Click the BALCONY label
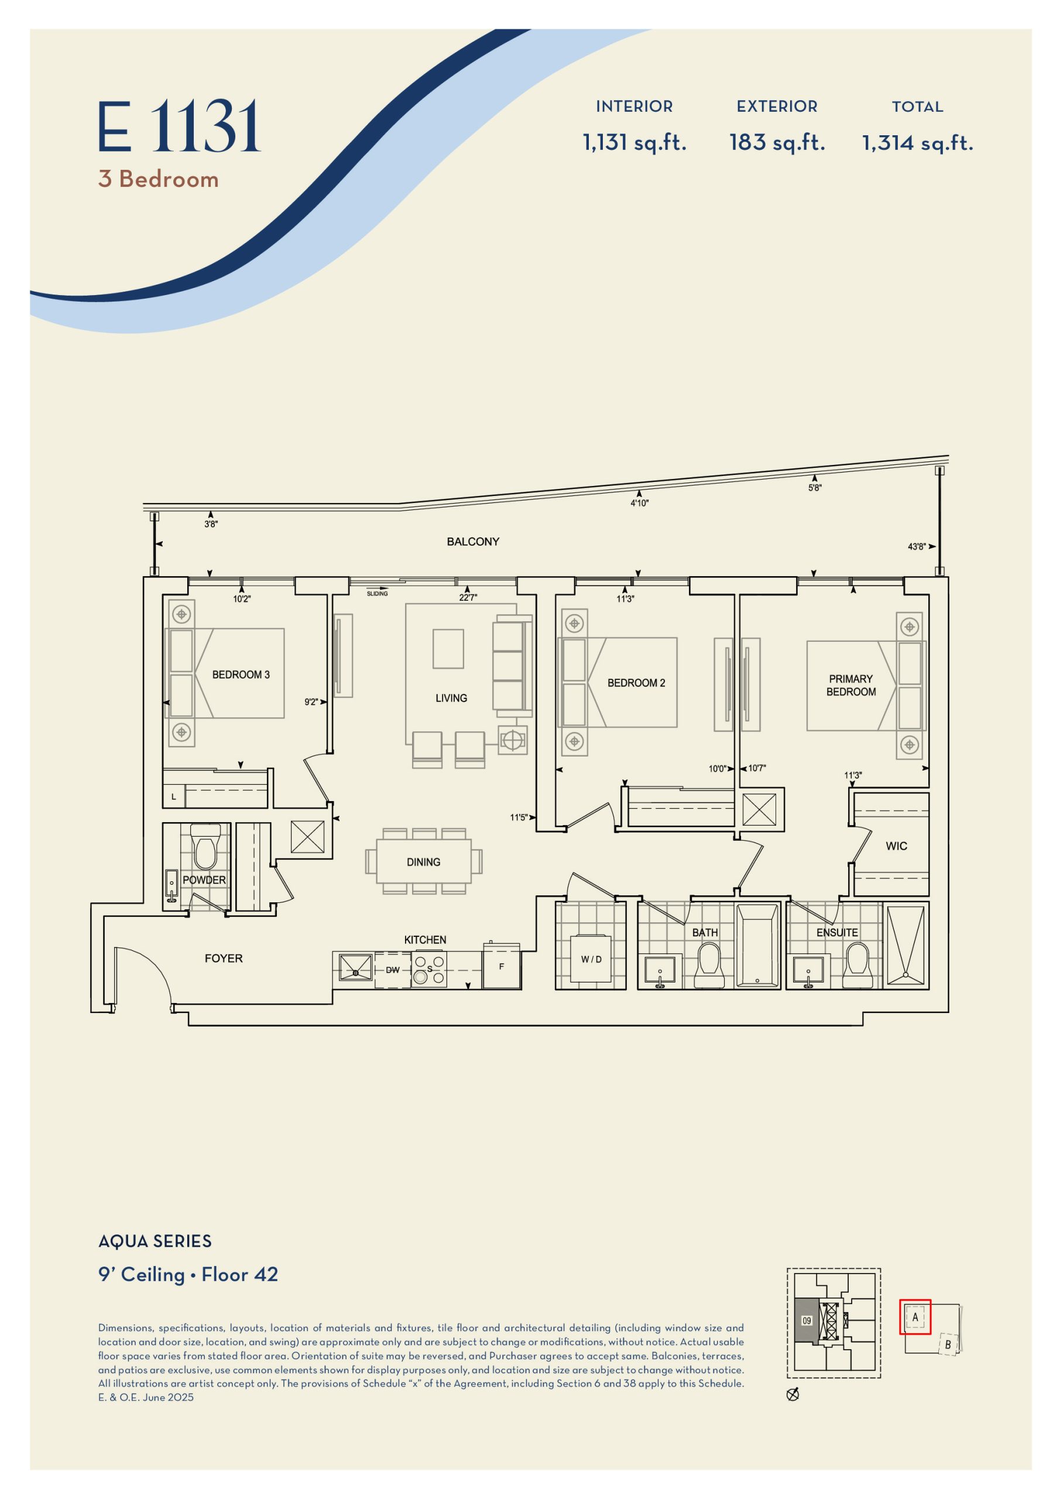click(472, 541)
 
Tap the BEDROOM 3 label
click(241, 675)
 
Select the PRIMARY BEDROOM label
click(851, 685)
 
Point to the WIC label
click(896, 846)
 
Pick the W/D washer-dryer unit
click(591, 959)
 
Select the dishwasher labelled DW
click(393, 970)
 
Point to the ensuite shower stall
click(905, 944)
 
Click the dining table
click(424, 861)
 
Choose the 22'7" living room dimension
click(468, 597)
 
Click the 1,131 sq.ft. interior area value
click(634, 142)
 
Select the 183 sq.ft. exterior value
click(777, 142)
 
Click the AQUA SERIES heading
click(155, 1241)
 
